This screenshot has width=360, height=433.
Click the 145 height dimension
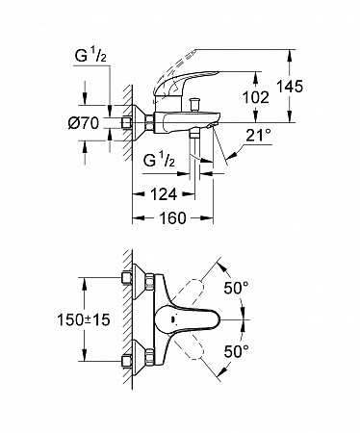(x=290, y=87)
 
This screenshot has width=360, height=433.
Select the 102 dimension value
(x=256, y=97)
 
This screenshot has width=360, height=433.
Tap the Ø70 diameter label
(x=84, y=123)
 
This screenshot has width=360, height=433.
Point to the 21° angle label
(x=258, y=136)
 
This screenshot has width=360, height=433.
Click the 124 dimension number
(x=164, y=194)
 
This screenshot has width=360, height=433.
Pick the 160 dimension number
(x=172, y=218)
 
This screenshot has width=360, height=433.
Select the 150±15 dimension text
(x=84, y=319)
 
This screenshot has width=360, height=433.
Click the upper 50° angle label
(x=236, y=288)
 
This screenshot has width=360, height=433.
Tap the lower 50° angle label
(x=236, y=351)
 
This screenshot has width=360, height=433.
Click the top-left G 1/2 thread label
(x=90, y=56)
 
